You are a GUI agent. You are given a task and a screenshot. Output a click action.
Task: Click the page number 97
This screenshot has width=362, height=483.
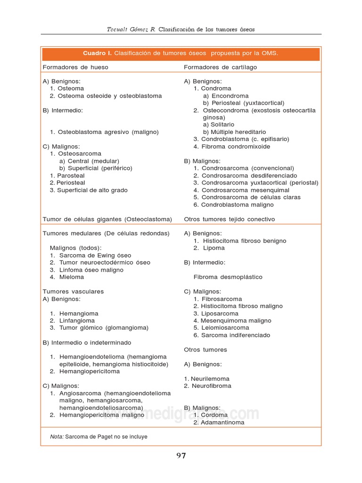pyautogui.click(x=181, y=456)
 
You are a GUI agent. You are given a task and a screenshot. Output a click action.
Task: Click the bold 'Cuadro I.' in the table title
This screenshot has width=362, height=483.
pyautogui.click(x=98, y=53)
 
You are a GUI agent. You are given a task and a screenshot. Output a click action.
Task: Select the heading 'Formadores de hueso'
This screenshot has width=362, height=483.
pyautogui.click(x=75, y=67)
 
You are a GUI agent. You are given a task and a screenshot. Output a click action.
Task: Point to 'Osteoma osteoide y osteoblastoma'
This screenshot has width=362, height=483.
pyautogui.click(x=109, y=96)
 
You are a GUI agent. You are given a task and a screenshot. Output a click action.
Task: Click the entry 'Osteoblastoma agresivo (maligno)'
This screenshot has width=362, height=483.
pyautogui.click(x=108, y=132)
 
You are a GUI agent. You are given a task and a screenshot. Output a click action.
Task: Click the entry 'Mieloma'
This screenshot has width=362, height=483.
pyautogui.click(x=72, y=277)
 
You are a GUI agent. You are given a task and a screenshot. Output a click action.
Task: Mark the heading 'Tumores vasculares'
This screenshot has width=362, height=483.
pyautogui.click(x=73, y=291)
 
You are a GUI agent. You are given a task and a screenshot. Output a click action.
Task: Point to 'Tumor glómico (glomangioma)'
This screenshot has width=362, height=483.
pyautogui.click(x=104, y=328)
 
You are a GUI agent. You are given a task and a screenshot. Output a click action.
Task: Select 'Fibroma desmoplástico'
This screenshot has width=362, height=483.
pyautogui.click(x=228, y=277)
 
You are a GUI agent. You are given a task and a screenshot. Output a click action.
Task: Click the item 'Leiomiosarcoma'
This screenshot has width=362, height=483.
pyautogui.click(x=225, y=328)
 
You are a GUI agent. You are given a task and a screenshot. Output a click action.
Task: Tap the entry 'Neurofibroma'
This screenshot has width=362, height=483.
pyautogui.click(x=211, y=386)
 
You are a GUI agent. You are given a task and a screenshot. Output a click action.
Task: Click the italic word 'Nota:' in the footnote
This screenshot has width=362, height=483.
pyautogui.click(x=57, y=437)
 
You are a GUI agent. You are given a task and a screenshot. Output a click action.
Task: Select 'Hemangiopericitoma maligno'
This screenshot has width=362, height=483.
pyautogui.click(x=102, y=415)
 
